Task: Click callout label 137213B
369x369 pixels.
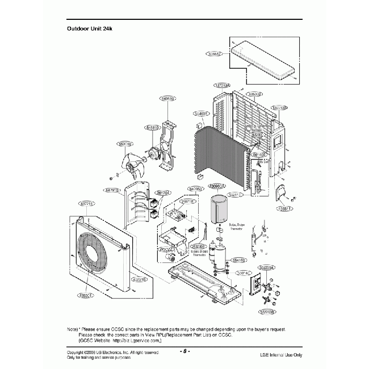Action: tap(279, 107)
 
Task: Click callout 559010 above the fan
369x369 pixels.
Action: tap(125, 144)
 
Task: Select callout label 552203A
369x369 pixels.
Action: tap(266, 267)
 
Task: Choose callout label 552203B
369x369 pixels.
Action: tap(267, 312)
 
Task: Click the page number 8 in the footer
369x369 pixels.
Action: tap(185, 351)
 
